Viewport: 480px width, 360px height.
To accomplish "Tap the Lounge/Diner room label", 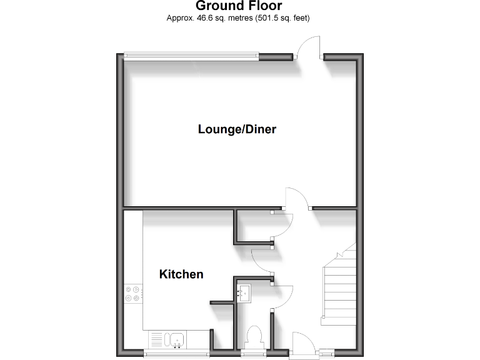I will pos(237,129).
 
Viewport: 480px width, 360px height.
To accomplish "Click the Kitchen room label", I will pos(181,274).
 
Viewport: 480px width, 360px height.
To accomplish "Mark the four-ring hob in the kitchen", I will pos(132,294).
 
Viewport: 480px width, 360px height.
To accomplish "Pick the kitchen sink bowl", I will pos(177,340).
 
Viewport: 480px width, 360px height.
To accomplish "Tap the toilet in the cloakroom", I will pos(254,337).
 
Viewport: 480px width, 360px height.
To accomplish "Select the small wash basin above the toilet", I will pos(244,291).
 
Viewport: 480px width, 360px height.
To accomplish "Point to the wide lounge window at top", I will pos(191,56).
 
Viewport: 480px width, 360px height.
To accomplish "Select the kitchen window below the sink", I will pos(168,353).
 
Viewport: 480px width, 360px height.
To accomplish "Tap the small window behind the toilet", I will pos(249,353).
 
